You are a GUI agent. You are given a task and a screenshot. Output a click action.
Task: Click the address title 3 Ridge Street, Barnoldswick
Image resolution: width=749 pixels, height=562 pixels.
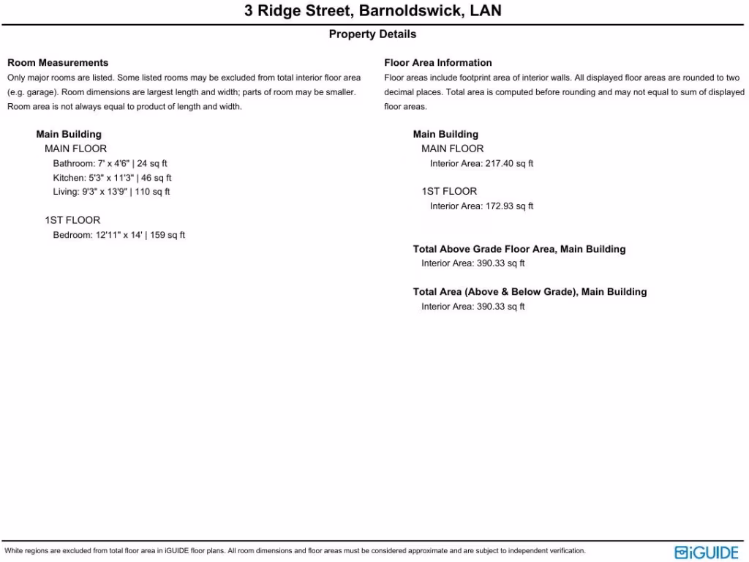[373, 12]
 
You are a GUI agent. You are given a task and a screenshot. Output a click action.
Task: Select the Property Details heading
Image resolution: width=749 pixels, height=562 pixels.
[372, 34]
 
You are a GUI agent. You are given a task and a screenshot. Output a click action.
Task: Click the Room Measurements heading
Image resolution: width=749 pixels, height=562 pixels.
[58, 63]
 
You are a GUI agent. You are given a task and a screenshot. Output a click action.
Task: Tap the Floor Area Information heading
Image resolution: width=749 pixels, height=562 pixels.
[438, 63]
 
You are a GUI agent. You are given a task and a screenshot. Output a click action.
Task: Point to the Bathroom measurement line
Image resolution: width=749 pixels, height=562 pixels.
[110, 164]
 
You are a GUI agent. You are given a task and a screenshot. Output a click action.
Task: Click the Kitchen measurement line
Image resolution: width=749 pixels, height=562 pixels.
[112, 178]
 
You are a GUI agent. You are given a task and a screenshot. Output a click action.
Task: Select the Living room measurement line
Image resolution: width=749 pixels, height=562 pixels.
[111, 192]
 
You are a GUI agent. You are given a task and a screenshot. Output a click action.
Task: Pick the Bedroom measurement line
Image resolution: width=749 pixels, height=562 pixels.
[118, 235]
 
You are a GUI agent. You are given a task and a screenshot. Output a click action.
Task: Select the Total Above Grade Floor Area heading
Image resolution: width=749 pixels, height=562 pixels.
[519, 250]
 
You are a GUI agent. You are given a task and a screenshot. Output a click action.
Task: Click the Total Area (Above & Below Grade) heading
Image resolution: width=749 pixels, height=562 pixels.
[530, 292]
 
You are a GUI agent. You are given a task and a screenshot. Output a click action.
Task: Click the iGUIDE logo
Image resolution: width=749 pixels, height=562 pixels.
[706, 552]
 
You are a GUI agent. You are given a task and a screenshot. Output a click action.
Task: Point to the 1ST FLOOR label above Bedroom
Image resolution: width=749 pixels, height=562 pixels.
[72, 220]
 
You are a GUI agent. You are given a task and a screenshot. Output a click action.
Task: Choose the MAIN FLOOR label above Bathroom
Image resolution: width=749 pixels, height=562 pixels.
[75, 149]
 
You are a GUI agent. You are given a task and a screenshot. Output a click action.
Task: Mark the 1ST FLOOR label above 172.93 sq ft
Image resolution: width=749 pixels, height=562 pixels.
[449, 192]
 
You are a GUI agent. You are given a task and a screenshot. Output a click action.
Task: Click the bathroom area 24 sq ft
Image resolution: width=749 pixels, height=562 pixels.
[152, 164]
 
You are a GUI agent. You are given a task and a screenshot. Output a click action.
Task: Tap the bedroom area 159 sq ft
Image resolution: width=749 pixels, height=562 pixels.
[168, 235]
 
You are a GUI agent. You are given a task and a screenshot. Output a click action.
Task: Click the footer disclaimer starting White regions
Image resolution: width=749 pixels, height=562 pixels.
[295, 551]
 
